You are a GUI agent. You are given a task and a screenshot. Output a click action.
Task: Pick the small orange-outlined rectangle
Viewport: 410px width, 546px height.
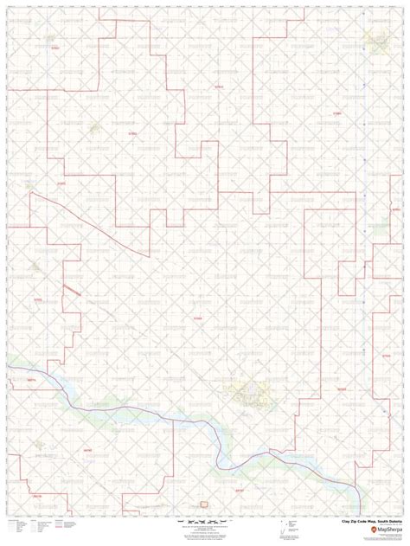[x=204, y=503]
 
